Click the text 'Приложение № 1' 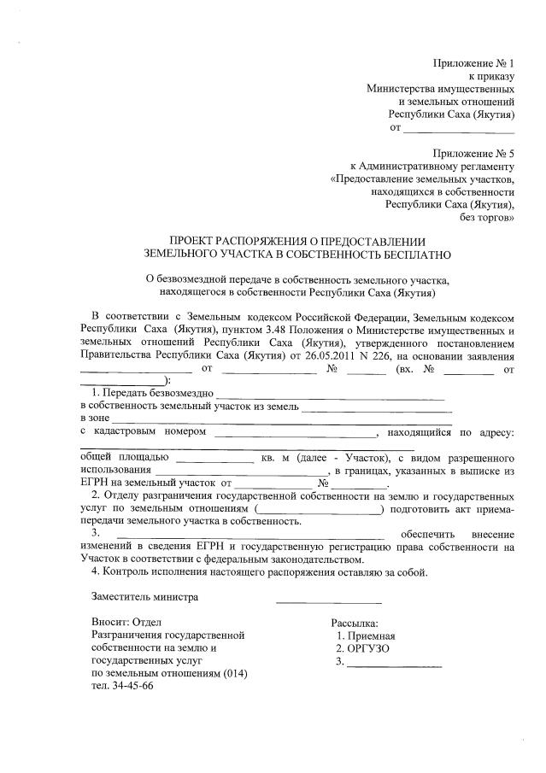tap(473, 64)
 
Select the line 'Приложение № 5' tap(473, 153)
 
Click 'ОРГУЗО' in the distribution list tap(368, 648)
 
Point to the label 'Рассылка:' tap(354, 623)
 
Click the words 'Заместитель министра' tap(144, 597)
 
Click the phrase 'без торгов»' tap(487, 218)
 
